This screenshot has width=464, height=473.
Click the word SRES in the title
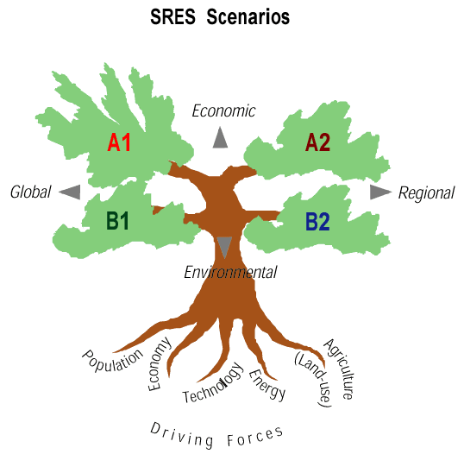pyautogui.click(x=172, y=16)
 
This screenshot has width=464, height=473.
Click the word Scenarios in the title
pyautogui.click(x=248, y=16)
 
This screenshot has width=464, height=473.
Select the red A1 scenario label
pyautogui.click(x=119, y=142)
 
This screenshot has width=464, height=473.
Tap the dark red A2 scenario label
pyautogui.click(x=317, y=142)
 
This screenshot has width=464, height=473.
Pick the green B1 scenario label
pyautogui.click(x=117, y=221)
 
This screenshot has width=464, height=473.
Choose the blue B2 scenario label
pyautogui.click(x=317, y=222)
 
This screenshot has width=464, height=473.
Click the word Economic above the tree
pyautogui.click(x=223, y=111)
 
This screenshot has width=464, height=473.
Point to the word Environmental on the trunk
pyautogui.click(x=230, y=273)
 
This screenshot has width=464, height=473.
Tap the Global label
pyautogui.click(x=31, y=192)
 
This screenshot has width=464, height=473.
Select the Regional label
pyautogui.click(x=426, y=193)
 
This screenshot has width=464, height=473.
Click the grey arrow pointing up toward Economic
pyautogui.click(x=220, y=137)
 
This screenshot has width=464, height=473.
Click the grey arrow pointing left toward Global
pyautogui.click(x=70, y=192)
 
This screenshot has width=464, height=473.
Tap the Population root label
pyautogui.click(x=113, y=361)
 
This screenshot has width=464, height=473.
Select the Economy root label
pyautogui.click(x=160, y=364)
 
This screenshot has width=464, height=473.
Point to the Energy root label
pyautogui.click(x=267, y=385)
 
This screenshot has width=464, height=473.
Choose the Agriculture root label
pyautogui.click(x=340, y=369)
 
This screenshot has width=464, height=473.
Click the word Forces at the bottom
pyautogui.click(x=255, y=437)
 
